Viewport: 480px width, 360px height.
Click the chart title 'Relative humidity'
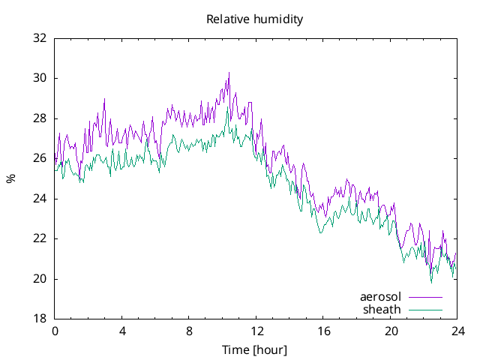tap(255, 19)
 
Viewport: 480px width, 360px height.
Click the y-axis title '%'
tap(10, 178)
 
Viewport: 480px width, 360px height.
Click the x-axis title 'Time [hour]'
tap(255, 350)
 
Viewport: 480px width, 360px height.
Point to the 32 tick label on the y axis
tap(40, 38)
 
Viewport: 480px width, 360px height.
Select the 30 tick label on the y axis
tap(40, 78)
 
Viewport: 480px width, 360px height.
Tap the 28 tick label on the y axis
tap(40, 118)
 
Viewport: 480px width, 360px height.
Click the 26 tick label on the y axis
tap(40, 158)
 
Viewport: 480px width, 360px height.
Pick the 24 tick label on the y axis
tap(40, 199)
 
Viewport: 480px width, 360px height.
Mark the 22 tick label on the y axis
tap(40, 238)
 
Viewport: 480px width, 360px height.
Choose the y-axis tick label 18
tap(40, 319)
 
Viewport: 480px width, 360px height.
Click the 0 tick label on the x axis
tap(55, 331)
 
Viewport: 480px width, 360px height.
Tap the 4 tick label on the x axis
tap(121, 331)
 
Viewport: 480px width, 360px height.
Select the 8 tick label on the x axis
tap(189, 331)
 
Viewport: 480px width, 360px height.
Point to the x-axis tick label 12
tap(256, 331)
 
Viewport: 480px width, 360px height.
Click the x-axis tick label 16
tap(323, 331)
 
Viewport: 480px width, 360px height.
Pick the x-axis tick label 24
tap(457, 331)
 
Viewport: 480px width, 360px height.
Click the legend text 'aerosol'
tap(380, 297)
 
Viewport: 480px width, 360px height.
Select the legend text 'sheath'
tap(382, 309)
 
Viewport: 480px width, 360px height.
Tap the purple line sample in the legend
tap(425, 297)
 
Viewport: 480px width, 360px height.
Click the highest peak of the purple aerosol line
tap(229, 73)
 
